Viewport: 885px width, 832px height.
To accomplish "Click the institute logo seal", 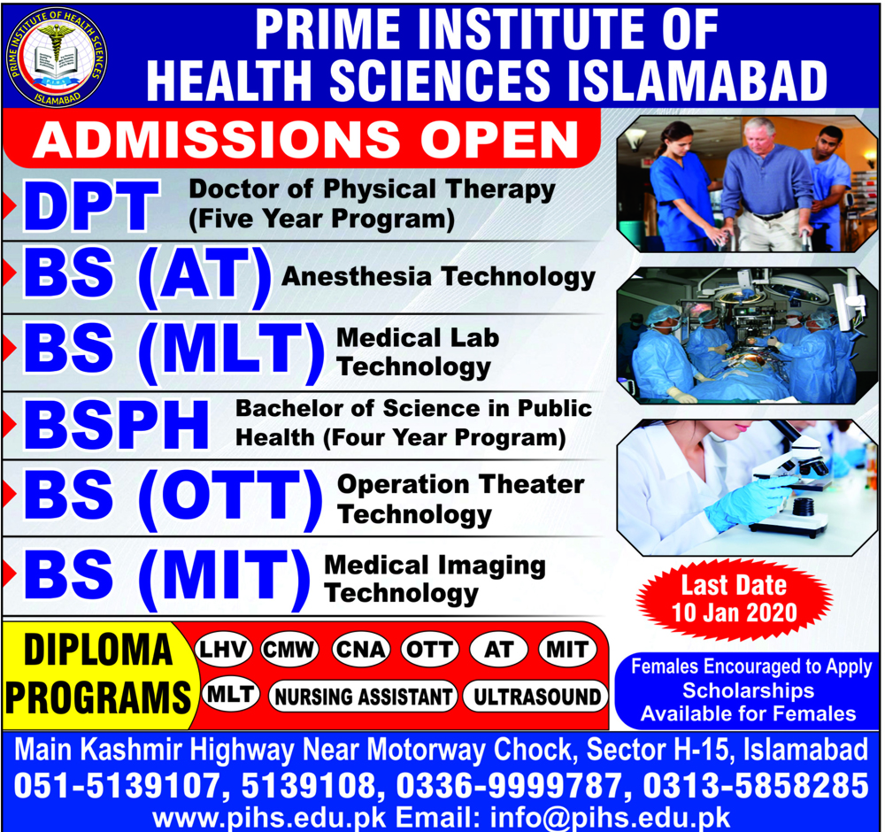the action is pyautogui.click(x=56, y=57).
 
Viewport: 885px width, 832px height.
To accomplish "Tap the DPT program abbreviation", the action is pyautogui.click(x=91, y=205).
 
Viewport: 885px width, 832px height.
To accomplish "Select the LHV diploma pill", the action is pyautogui.click(x=223, y=649).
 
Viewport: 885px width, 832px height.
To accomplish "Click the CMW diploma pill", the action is pyautogui.click(x=289, y=649).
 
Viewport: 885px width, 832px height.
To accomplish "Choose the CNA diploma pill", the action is pyautogui.click(x=360, y=649).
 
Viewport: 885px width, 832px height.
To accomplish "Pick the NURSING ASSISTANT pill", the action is pyautogui.click(x=363, y=697).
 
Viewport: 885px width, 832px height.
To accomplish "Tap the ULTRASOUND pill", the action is pyautogui.click(x=535, y=697).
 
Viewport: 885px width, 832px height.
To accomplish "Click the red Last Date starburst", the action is pyautogui.click(x=735, y=600).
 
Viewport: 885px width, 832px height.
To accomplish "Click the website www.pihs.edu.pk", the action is pyautogui.click(x=269, y=818).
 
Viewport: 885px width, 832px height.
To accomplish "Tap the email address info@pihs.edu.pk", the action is pyautogui.click(x=610, y=818).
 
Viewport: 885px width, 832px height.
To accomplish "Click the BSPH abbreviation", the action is pyautogui.click(x=116, y=425).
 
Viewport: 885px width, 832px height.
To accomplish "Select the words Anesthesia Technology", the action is pyautogui.click(x=439, y=277).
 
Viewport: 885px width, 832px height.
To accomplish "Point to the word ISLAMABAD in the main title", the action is pyautogui.click(x=697, y=81).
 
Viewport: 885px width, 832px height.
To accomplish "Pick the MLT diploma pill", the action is pyautogui.click(x=230, y=694).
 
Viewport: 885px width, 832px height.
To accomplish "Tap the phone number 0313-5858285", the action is pyautogui.click(x=756, y=786).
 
